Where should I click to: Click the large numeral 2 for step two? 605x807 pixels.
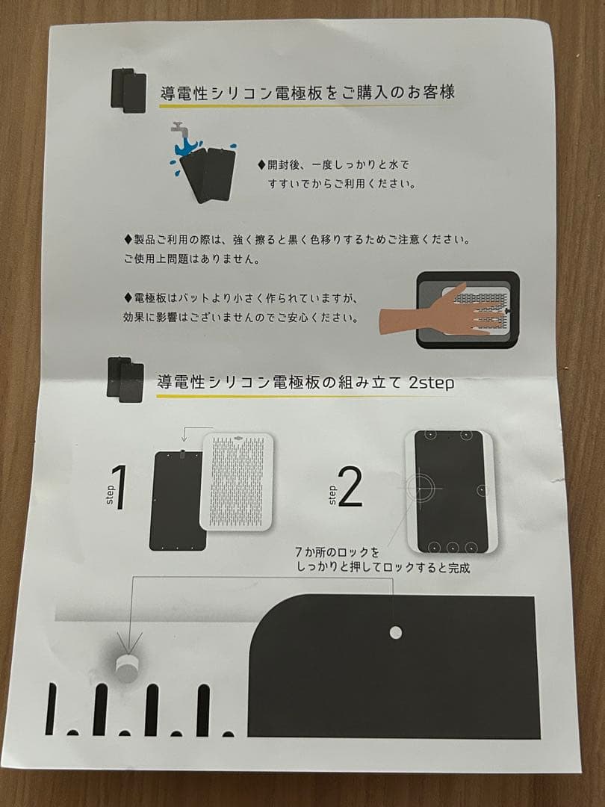coord(350,488)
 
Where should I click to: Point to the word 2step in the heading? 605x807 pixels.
coord(432,382)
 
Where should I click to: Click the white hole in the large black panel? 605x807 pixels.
coord(395,633)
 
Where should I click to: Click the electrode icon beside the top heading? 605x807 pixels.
coord(128,91)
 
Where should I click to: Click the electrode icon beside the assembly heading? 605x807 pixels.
coord(124,380)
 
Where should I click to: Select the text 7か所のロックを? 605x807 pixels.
coord(338,553)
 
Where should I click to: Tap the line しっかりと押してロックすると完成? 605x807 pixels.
coord(384,569)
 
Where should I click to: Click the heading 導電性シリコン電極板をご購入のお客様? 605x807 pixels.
coord(308,93)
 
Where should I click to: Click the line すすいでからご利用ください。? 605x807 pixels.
coord(341,182)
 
